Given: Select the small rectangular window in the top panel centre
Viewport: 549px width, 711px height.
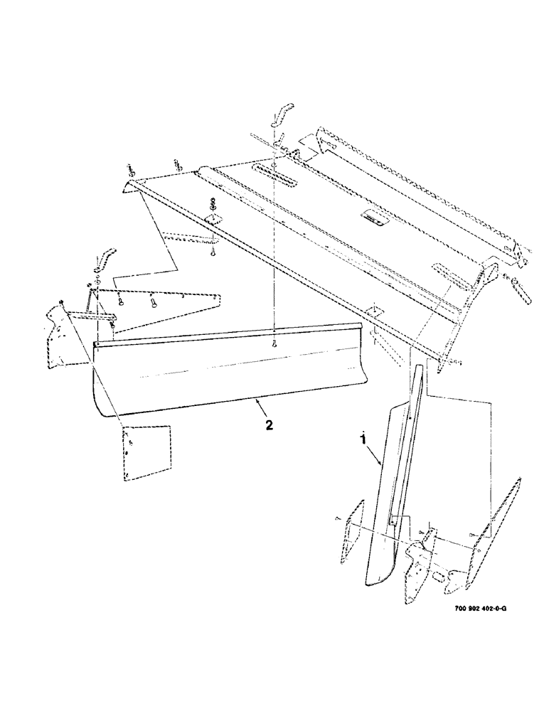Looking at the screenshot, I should point(375,216).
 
